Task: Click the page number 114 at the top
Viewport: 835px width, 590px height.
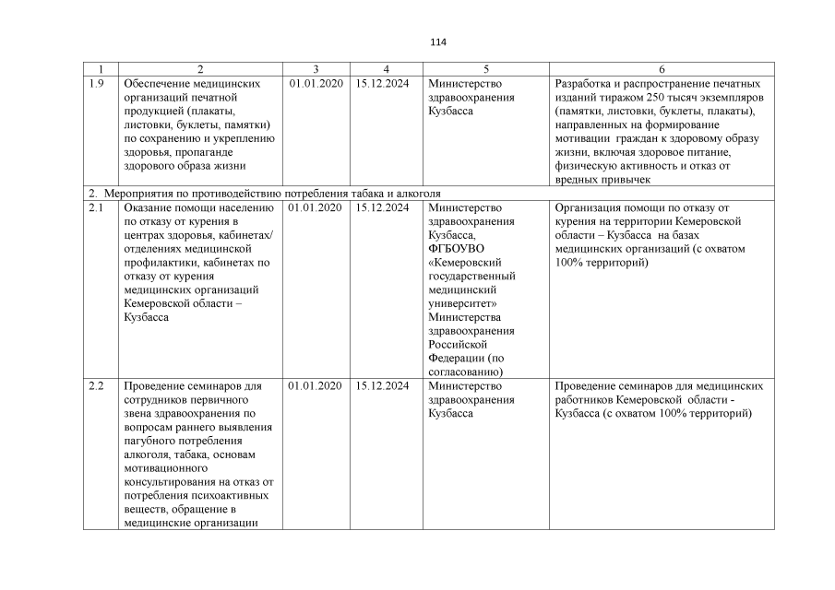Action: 438,42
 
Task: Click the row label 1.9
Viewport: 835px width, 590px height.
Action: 96,84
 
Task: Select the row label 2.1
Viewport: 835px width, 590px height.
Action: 96,207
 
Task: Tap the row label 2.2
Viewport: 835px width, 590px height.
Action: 96,386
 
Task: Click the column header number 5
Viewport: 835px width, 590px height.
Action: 486,70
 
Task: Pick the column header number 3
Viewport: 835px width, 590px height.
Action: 316,70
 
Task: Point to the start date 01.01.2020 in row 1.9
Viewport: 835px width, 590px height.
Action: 316,84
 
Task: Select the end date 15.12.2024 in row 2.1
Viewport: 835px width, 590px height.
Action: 382,207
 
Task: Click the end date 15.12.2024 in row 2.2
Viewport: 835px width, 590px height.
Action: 382,386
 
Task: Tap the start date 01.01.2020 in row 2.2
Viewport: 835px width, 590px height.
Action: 316,386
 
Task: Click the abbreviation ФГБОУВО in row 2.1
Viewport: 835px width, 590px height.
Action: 457,249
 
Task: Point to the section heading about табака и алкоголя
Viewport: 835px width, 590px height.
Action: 265,194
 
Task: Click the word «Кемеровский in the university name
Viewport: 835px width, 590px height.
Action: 465,263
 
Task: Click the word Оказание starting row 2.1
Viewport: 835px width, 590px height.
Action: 148,207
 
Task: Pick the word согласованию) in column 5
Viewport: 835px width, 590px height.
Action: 464,372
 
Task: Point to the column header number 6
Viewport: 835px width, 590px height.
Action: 662,70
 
